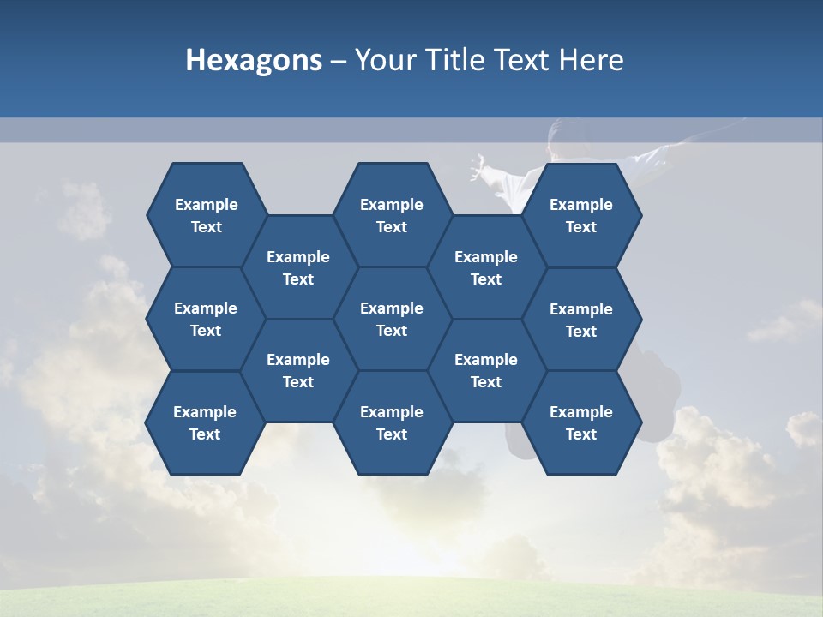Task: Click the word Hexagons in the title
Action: pos(254,60)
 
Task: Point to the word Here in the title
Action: pos(592,60)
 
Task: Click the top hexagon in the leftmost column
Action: pos(206,215)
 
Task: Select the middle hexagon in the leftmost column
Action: pos(206,319)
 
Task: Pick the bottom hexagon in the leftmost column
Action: pos(205,422)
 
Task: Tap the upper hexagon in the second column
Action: pos(298,267)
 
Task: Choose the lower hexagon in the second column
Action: pos(298,370)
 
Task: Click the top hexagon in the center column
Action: pos(392,215)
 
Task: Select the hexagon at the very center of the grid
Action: pos(392,319)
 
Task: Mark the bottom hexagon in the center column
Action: pos(392,422)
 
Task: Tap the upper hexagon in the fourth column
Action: pos(486,267)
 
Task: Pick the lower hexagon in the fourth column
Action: pos(486,370)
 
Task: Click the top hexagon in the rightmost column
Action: pos(581,215)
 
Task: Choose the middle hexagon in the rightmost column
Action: pos(581,320)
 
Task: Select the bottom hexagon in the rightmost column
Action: pos(581,422)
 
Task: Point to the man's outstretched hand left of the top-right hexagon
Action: pos(478,166)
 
